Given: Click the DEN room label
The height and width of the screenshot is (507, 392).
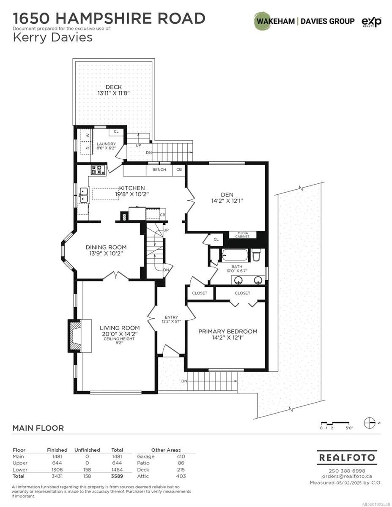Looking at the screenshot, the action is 227,195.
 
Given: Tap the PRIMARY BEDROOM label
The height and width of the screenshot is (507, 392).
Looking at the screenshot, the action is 228,331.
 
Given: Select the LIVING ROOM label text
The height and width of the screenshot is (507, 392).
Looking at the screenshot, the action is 120,328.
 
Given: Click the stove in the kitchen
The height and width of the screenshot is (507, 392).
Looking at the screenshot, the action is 98,170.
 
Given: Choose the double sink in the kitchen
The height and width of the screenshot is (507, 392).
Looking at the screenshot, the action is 84,195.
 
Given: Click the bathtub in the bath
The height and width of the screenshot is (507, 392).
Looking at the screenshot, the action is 234,255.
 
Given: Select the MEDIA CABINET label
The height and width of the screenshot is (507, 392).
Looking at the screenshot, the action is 242,235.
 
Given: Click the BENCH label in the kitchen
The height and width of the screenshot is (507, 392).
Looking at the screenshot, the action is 159,169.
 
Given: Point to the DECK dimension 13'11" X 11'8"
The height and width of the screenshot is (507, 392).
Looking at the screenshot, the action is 113,93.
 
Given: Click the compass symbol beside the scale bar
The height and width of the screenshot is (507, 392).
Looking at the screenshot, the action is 369,423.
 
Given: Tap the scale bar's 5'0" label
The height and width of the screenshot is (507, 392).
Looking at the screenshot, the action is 349,428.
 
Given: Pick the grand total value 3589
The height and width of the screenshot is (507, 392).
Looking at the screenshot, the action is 117,476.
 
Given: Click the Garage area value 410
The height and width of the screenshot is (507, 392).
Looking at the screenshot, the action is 181,457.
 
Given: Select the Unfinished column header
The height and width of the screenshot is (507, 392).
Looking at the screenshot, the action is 87,450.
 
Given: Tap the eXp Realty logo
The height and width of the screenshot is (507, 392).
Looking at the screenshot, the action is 371,22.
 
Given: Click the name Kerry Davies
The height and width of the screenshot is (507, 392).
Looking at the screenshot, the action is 52,38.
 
